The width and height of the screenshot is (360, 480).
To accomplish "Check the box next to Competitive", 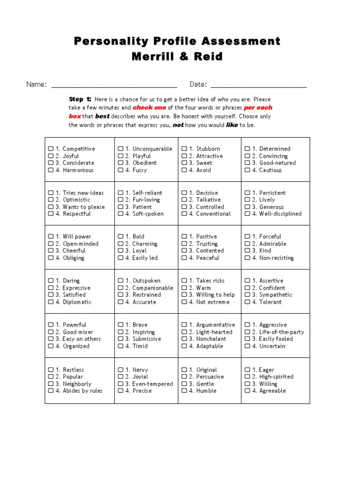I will [x=51, y=149].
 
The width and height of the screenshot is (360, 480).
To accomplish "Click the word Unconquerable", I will [x=152, y=149].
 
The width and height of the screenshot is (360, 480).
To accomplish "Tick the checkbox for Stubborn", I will [x=184, y=149].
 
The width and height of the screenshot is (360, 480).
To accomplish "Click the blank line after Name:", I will [x=114, y=85].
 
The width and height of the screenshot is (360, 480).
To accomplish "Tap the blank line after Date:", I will [x=259, y=85].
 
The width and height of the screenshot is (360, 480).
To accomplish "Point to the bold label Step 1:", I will [x=80, y=99].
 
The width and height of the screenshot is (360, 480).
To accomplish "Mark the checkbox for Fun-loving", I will [x=120, y=200].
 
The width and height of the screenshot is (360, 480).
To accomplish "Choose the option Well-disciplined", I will [x=280, y=214].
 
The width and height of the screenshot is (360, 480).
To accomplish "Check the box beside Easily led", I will [x=120, y=258].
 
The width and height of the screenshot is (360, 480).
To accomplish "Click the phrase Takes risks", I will [x=210, y=281].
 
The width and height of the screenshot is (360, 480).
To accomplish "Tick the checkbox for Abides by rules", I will [x=51, y=391].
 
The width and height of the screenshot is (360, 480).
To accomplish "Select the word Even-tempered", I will [x=152, y=384].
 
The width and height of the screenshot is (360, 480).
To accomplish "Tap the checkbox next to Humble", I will [x=184, y=391].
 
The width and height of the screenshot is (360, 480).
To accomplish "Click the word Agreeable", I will [x=272, y=391].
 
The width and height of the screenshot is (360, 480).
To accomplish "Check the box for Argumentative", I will [x=184, y=325].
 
